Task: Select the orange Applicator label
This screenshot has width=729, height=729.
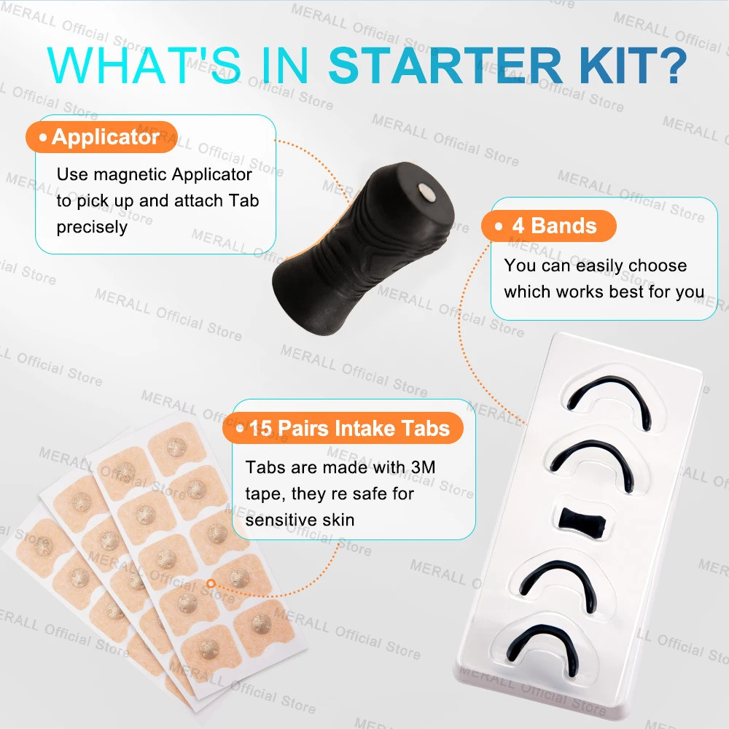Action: click(x=101, y=137)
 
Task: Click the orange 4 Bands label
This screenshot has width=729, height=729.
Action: click(x=548, y=225)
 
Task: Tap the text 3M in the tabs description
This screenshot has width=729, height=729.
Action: click(x=416, y=467)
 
